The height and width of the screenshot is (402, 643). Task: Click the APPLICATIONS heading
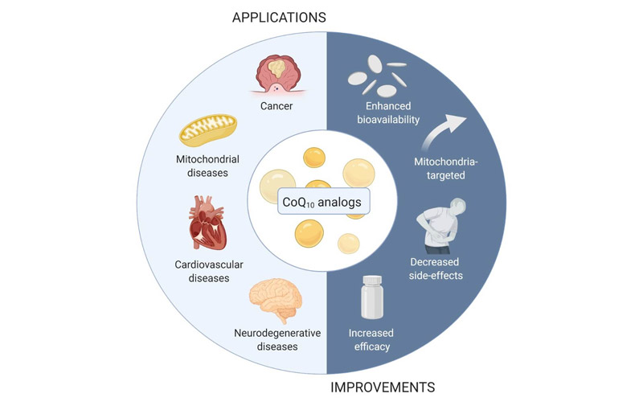(280, 17)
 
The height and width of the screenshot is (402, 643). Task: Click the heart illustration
(211, 228)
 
